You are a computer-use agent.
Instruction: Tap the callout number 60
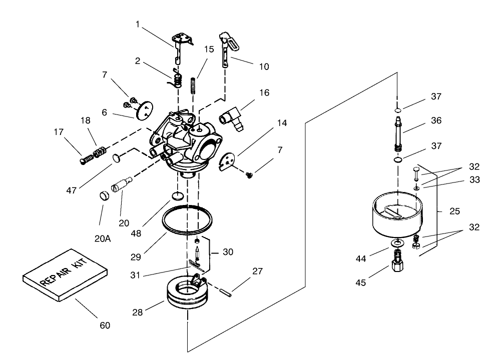click(x=104, y=325)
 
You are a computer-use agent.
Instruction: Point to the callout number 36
click(x=435, y=120)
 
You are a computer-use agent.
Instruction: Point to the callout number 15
click(x=209, y=49)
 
